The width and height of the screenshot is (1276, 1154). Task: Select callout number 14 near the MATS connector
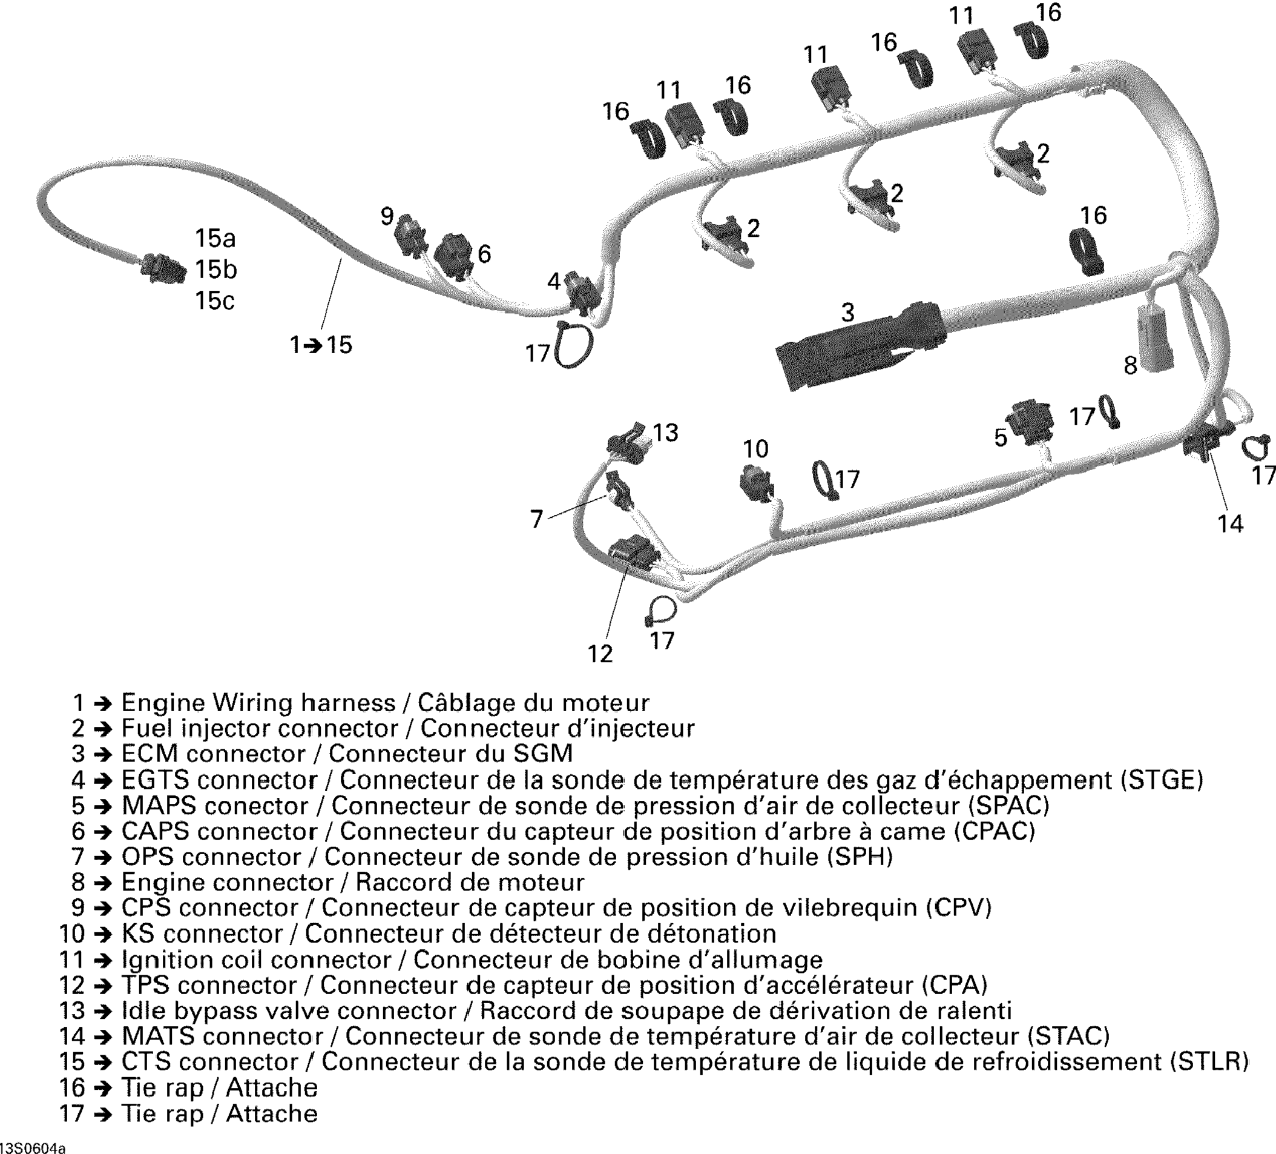1230,524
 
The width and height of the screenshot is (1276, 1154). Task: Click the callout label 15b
216,270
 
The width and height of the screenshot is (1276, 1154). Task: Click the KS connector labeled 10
757,483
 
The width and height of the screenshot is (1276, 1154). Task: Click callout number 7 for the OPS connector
537,519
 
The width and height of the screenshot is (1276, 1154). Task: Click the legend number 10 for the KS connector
71,933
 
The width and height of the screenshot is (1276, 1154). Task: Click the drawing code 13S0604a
33,1146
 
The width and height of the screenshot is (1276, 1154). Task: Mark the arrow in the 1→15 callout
314,346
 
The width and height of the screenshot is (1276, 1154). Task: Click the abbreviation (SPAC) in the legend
1009,806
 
